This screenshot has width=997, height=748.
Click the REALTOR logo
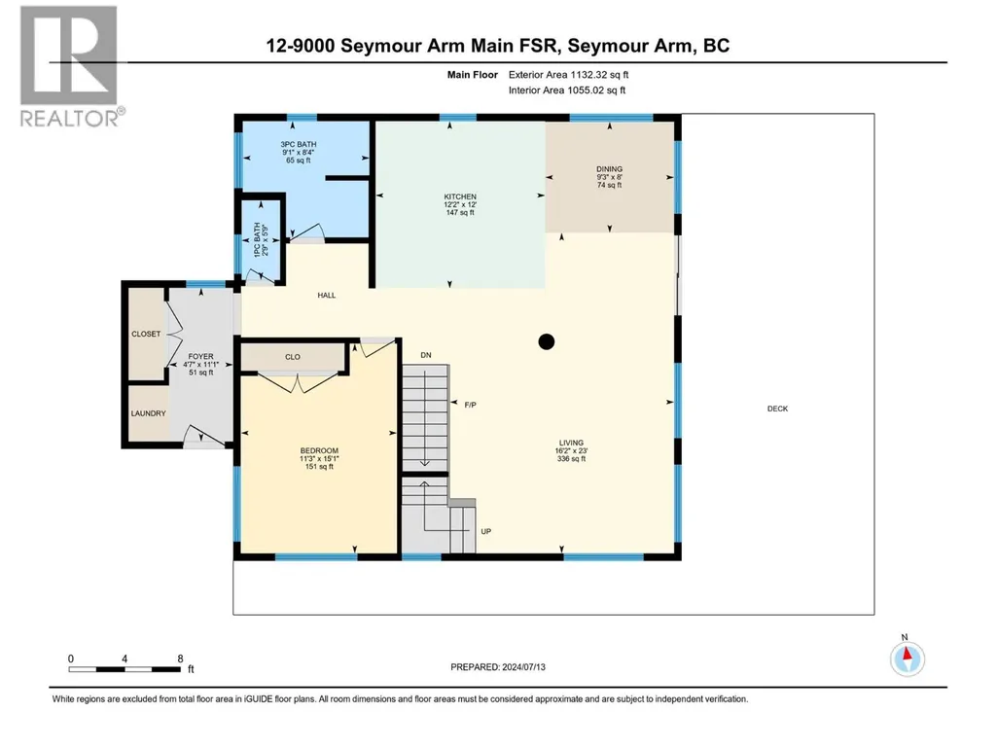point(69,66)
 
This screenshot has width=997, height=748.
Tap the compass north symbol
point(908,658)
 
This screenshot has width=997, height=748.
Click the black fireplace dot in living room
point(547,341)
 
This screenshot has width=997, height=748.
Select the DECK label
point(777,409)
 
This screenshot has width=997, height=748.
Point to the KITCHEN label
point(460,196)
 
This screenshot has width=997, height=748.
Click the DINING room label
point(609,169)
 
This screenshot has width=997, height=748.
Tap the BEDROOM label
point(319,450)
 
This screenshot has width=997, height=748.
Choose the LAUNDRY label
point(148,413)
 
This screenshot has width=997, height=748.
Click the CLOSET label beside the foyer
point(146,334)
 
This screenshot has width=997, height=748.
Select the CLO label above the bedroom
point(293,357)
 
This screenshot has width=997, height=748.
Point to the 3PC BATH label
point(299,144)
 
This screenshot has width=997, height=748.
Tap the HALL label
point(327,295)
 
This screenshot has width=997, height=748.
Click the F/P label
point(471,405)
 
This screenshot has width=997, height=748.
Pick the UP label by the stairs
point(485,532)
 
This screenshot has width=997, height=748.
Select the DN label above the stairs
point(426,355)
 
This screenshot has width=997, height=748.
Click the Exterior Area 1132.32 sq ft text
point(568,75)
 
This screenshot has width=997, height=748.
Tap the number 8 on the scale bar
point(181,659)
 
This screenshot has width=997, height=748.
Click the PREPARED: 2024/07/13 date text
point(498,667)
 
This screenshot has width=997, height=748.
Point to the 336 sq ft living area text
point(571,458)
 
